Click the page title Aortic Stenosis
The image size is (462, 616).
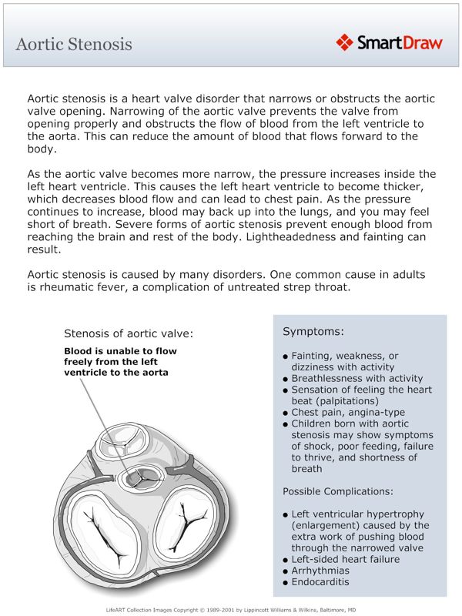(x=74, y=44)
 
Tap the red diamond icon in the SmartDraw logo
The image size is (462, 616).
(x=344, y=42)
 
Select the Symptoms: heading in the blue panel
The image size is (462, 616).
(x=313, y=332)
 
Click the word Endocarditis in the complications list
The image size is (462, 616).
(x=320, y=582)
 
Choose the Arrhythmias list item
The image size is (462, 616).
(x=320, y=571)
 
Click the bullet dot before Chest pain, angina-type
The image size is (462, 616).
(x=286, y=413)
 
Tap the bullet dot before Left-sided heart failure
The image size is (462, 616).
(x=286, y=560)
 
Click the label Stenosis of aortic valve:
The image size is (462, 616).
(x=128, y=333)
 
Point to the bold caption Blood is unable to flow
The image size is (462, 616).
(x=120, y=351)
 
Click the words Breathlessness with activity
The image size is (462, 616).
(x=357, y=379)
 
